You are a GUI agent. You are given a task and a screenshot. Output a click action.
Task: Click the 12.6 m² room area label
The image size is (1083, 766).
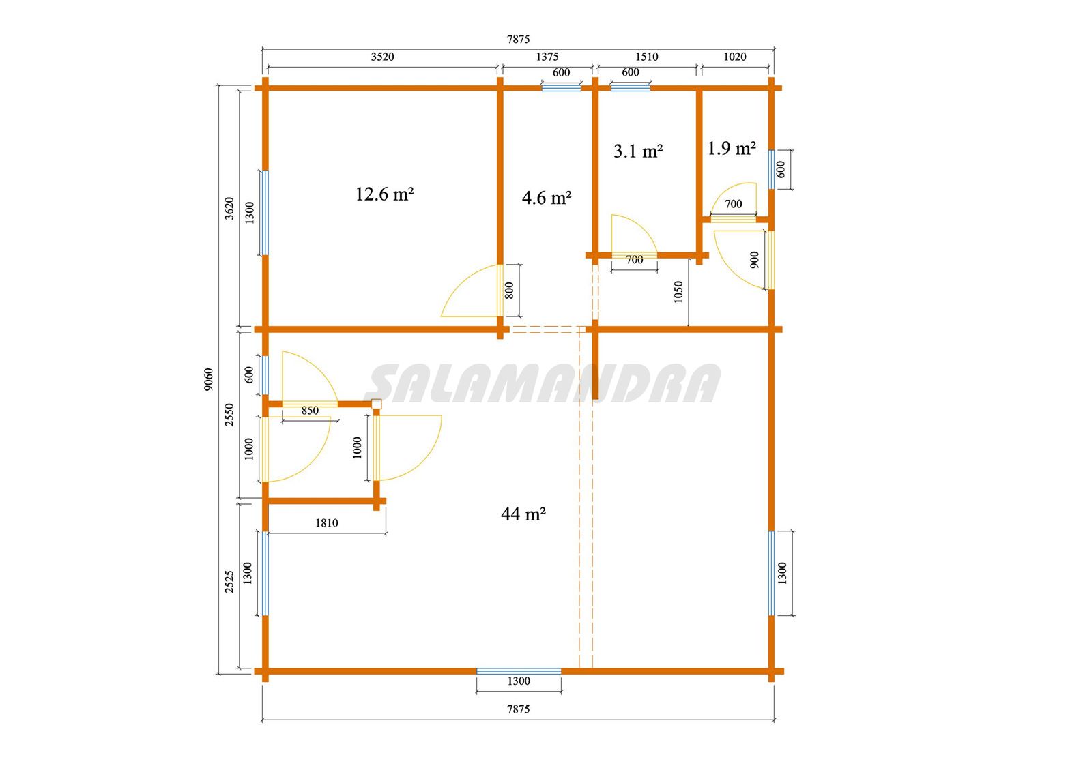click(x=384, y=194)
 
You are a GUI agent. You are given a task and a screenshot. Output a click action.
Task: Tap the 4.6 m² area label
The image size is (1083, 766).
click(x=547, y=198)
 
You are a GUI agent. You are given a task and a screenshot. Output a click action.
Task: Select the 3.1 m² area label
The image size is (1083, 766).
click(x=637, y=151)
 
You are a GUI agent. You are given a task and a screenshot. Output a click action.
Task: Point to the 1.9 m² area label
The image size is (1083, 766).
click(x=732, y=149)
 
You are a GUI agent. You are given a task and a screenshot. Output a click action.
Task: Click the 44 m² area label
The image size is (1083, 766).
click(x=523, y=514)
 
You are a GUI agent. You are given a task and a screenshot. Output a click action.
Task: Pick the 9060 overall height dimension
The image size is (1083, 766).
click(x=208, y=379)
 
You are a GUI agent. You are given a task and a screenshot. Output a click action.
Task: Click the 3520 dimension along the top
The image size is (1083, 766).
click(x=382, y=57)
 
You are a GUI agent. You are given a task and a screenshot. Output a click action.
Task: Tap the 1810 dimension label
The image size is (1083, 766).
click(x=326, y=523)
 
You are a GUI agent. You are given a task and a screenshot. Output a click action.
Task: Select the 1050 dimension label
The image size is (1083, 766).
click(x=678, y=292)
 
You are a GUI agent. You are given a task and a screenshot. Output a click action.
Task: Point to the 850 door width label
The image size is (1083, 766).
click(x=310, y=411)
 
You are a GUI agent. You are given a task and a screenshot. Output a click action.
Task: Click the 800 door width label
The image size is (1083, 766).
click(x=508, y=291)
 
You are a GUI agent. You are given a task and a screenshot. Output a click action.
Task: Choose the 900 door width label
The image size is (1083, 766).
click(x=754, y=260)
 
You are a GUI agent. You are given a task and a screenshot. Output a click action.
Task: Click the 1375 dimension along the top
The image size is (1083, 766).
click(x=547, y=57)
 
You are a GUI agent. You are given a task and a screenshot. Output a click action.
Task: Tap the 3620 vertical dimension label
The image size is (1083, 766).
click(x=229, y=208)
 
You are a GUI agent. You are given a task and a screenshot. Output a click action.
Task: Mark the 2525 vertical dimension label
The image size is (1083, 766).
click(x=229, y=582)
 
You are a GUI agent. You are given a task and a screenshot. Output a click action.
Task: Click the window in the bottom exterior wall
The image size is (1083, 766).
click(x=519, y=671)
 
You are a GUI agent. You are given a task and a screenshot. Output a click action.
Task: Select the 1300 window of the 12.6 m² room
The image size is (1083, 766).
click(x=265, y=213)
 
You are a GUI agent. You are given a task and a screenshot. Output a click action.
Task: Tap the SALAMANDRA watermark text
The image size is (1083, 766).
click(x=543, y=384)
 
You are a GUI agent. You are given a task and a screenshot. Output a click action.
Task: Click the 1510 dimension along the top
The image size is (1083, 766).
click(x=647, y=57)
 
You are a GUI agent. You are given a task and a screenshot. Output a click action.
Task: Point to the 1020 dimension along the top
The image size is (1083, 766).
click(x=735, y=57)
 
